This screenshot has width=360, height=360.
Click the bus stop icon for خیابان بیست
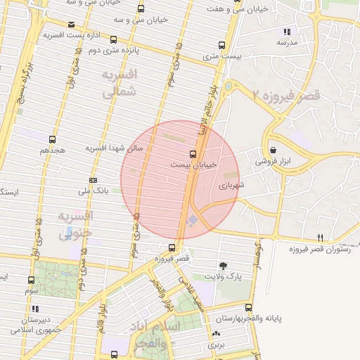(x=193, y=153)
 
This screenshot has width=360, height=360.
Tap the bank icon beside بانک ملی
(x=94, y=180)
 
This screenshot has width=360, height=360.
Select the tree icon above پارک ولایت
(x=223, y=266)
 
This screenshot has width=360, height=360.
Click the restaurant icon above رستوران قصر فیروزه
(x=321, y=238)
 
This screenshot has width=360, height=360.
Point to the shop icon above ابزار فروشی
(x=274, y=150)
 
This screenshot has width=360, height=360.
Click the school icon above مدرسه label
(x=286, y=32)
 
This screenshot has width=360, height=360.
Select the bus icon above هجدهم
(x=52, y=139)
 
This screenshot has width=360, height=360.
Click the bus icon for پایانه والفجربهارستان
(x=248, y=307)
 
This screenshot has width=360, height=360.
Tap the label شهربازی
(x=231, y=186)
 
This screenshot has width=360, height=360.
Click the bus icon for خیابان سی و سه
(x=141, y=9)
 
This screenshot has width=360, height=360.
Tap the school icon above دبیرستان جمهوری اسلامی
(x=34, y=308)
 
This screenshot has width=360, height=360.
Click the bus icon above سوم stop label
(x=29, y=280)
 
